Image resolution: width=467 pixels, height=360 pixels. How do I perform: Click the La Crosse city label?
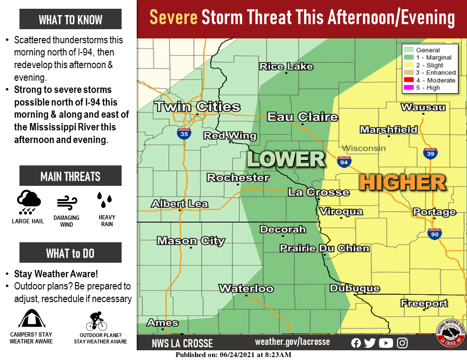(318, 192)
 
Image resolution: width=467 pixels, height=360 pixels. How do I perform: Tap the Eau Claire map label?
(302, 117)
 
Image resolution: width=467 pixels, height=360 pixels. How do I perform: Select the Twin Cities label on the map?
(198, 107)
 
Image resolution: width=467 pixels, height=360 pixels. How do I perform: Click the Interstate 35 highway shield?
(183, 134)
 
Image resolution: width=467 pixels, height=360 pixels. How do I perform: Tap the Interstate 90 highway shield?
(435, 234)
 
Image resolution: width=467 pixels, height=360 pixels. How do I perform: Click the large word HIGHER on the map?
(402, 182)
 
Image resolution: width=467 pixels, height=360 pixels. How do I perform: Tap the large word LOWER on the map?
(286, 159)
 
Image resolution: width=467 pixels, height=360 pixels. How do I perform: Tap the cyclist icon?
(96, 321)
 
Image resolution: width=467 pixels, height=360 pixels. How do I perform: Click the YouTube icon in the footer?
(386, 343)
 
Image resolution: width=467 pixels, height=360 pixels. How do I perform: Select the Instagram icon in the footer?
(402, 343)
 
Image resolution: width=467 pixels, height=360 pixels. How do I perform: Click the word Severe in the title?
(173, 18)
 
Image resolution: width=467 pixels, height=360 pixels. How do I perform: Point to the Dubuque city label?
(354, 288)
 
